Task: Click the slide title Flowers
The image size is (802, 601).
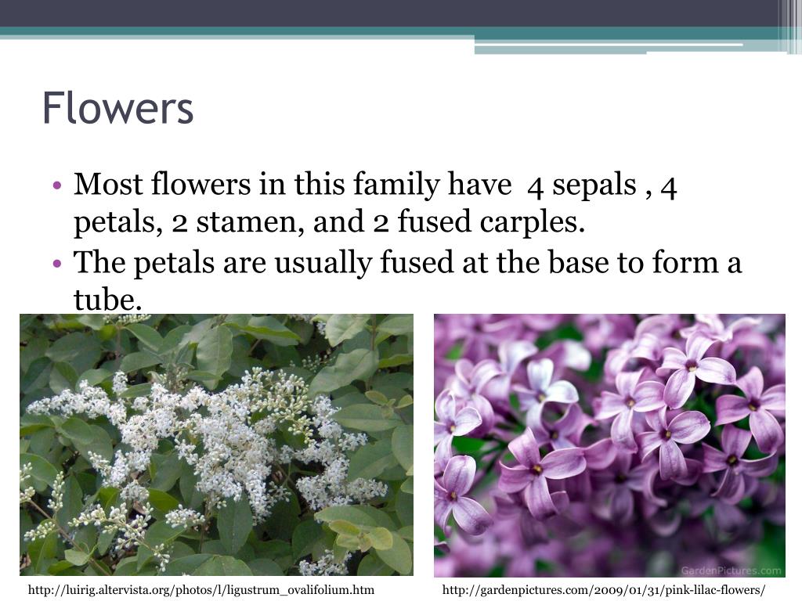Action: click(x=117, y=108)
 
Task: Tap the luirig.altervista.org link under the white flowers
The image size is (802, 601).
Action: click(x=201, y=590)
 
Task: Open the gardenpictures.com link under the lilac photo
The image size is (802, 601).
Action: click(x=604, y=590)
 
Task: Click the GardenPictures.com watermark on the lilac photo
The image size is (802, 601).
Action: click(x=733, y=570)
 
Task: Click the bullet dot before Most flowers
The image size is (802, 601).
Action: click(x=59, y=186)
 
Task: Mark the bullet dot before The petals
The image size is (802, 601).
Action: click(x=59, y=263)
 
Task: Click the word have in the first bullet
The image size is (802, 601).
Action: click(x=479, y=185)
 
